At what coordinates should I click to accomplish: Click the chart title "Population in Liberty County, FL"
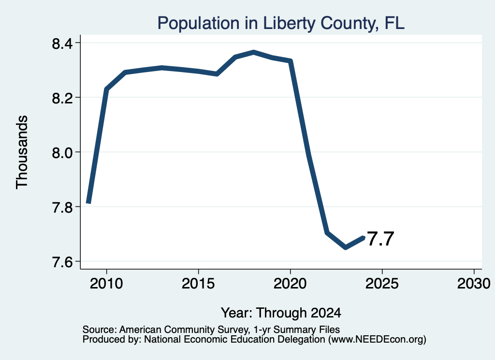(281, 23)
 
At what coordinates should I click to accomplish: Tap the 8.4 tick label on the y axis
(62, 43)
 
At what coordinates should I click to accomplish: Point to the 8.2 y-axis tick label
(62, 98)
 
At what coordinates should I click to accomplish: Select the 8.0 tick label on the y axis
(62, 152)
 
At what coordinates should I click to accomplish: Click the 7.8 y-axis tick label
(62, 207)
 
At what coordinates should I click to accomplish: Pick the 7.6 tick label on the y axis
(62, 262)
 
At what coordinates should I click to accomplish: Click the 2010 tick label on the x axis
(106, 283)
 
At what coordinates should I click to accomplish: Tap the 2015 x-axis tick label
(198, 283)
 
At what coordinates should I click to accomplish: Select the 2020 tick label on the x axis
(290, 283)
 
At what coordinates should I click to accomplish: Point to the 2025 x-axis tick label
(382, 283)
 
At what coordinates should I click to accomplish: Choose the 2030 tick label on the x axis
(474, 283)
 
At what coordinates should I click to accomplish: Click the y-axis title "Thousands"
(22, 152)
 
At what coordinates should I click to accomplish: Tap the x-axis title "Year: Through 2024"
(281, 313)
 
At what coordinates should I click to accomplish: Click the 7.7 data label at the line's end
(381, 239)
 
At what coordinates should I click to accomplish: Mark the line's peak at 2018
(253, 52)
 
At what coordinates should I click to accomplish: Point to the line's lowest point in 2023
(346, 247)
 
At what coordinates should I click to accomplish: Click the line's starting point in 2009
(88, 203)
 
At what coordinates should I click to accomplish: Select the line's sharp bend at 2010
(106, 89)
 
